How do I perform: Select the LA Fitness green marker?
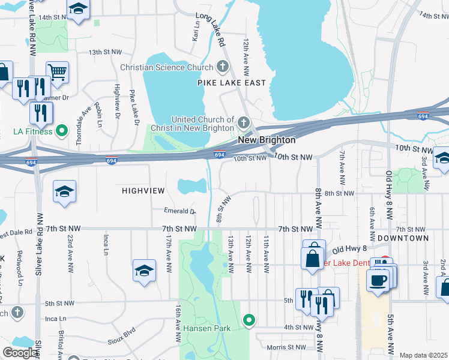pos(62,131)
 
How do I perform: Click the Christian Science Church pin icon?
pos(222,67)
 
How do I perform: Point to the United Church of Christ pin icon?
pos(243,122)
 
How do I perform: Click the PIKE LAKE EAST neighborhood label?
pos(232,83)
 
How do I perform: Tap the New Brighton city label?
pos(267,140)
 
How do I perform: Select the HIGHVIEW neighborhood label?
pos(143,190)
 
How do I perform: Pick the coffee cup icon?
pos(378,280)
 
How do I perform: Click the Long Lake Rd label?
pos(210,32)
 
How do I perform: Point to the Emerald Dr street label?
pos(180,211)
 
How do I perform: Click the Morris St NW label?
pos(286,347)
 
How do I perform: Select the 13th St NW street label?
pos(105,52)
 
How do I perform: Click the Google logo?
pos(20,353)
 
